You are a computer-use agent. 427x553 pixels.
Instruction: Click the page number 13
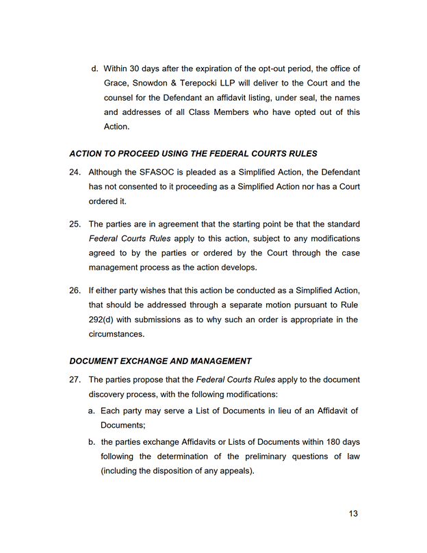(x=352, y=514)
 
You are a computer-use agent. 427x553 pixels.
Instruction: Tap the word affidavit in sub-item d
(x=258, y=98)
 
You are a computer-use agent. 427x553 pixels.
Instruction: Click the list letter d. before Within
(x=94, y=68)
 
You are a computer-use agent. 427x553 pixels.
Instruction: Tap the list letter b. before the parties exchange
(x=92, y=442)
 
